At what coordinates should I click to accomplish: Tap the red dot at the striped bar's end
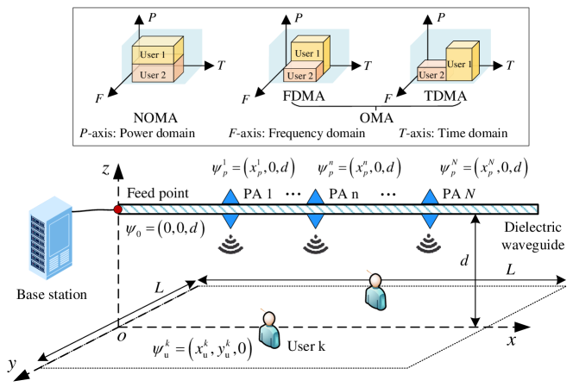pos(117,209)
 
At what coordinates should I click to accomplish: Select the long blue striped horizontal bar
pos(328,209)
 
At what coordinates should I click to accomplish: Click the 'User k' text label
pos(306,347)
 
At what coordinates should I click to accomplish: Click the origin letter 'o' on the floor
pos(121,334)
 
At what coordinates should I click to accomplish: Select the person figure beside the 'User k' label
pos(269,329)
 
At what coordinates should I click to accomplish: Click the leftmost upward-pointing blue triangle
pos(230,197)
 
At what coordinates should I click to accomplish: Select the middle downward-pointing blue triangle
pos(316,222)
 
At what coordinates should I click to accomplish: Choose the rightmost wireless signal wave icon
pos(429,246)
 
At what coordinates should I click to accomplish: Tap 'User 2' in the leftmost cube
pos(153,74)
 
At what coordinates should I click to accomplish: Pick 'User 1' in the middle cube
pos(307,53)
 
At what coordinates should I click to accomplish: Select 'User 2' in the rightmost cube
pos(431,75)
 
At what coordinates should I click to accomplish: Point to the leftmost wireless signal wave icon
pos(230,246)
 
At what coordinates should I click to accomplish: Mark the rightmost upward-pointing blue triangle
pos(430,197)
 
